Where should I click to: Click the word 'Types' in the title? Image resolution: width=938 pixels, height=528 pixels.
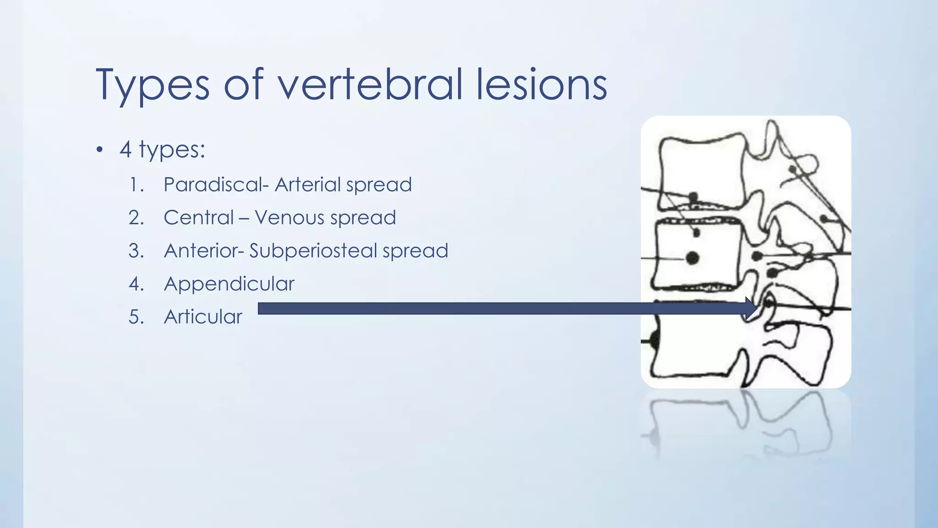pyautogui.click(x=153, y=85)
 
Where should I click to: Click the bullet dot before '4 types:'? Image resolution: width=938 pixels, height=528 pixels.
pyautogui.click(x=100, y=150)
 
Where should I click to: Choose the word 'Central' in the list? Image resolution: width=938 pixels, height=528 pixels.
pyautogui.click(x=198, y=218)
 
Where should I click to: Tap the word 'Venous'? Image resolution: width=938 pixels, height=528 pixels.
pyautogui.click(x=289, y=218)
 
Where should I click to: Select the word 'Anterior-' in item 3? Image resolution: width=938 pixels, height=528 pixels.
pyautogui.click(x=204, y=251)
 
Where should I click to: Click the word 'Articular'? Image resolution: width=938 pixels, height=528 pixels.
pyautogui.click(x=203, y=317)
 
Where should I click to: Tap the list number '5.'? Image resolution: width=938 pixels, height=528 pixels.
pyautogui.click(x=136, y=317)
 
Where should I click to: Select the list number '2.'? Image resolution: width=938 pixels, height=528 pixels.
pyautogui.click(x=136, y=218)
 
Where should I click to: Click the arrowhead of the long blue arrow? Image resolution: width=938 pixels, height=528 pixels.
pyautogui.click(x=751, y=308)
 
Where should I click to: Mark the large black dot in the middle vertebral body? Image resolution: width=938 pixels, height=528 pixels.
pyautogui.click(x=693, y=258)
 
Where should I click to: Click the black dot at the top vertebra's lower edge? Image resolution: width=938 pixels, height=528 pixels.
pyautogui.click(x=693, y=198)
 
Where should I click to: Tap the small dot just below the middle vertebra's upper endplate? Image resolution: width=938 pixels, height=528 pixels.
pyautogui.click(x=697, y=233)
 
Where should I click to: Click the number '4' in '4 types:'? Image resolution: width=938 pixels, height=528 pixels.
pyautogui.click(x=125, y=150)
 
